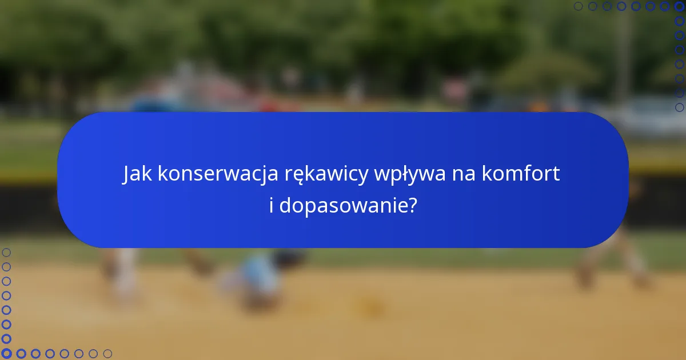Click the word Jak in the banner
[x=138, y=174]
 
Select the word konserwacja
[x=218, y=174]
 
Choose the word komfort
[x=521, y=174]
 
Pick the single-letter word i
[x=272, y=205]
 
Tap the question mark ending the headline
[x=412, y=205]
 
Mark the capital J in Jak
[x=127, y=175]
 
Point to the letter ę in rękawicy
[x=297, y=177]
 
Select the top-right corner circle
[x=679, y=6]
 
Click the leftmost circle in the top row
[x=579, y=6]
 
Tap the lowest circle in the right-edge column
[x=679, y=107]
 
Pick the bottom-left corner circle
[x=6, y=354]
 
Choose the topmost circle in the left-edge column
[x=6, y=252]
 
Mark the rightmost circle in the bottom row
[x=107, y=354]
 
